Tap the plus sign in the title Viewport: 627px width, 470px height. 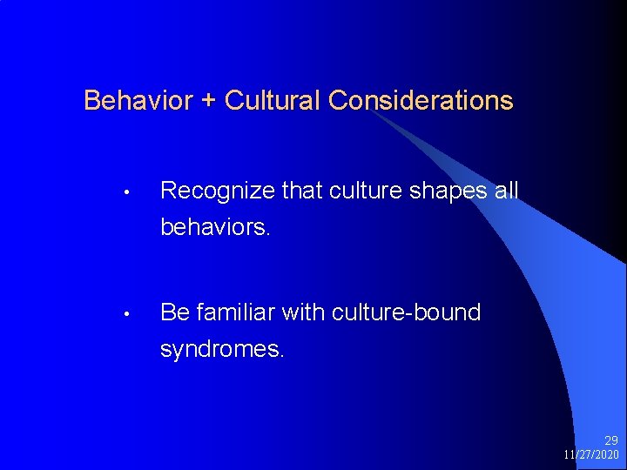pyautogui.click(x=208, y=101)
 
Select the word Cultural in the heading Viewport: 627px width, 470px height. pyautogui.click(x=273, y=101)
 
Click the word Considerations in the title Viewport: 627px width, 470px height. pyautogui.click(x=421, y=101)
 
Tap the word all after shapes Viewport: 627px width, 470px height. pyautogui.click(x=506, y=190)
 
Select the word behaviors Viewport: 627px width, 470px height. pyautogui.click(x=215, y=228)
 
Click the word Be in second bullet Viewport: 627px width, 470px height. pyautogui.click(x=175, y=312)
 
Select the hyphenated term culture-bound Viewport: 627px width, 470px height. pyautogui.click(x=405, y=312)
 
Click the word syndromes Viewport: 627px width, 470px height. pyautogui.click(x=219, y=350)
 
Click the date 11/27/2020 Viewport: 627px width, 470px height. pyautogui.click(x=591, y=455)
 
